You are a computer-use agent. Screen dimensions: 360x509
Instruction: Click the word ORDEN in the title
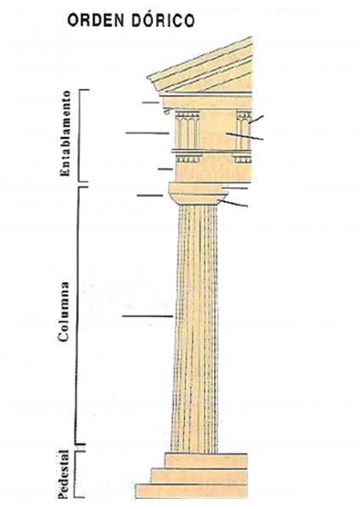click(x=96, y=20)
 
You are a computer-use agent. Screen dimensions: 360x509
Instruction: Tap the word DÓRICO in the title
click(x=163, y=20)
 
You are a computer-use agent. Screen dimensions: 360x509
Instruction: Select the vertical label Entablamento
click(x=65, y=133)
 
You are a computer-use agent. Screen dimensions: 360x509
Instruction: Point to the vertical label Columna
click(x=64, y=311)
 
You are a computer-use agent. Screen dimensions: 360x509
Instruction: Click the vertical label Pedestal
click(x=64, y=474)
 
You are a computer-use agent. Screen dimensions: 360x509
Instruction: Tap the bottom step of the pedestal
click(x=192, y=491)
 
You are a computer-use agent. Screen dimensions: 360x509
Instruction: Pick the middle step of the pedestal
click(x=200, y=476)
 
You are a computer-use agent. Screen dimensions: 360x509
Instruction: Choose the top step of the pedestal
click(x=206, y=461)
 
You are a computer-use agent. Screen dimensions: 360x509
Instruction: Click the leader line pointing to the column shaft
click(x=148, y=316)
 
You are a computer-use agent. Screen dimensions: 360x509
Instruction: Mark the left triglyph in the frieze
click(x=188, y=130)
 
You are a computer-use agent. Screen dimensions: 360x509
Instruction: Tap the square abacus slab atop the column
click(x=198, y=188)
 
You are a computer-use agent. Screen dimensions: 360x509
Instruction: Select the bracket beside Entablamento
click(x=81, y=136)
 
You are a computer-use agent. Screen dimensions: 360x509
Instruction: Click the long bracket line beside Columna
click(x=77, y=316)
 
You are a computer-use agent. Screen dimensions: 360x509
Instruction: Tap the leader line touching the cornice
click(x=151, y=103)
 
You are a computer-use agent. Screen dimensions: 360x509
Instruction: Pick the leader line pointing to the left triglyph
click(x=148, y=133)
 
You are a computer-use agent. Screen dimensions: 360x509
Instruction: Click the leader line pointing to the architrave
click(x=166, y=169)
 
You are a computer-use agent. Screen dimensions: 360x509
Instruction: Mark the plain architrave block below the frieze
click(x=213, y=172)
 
